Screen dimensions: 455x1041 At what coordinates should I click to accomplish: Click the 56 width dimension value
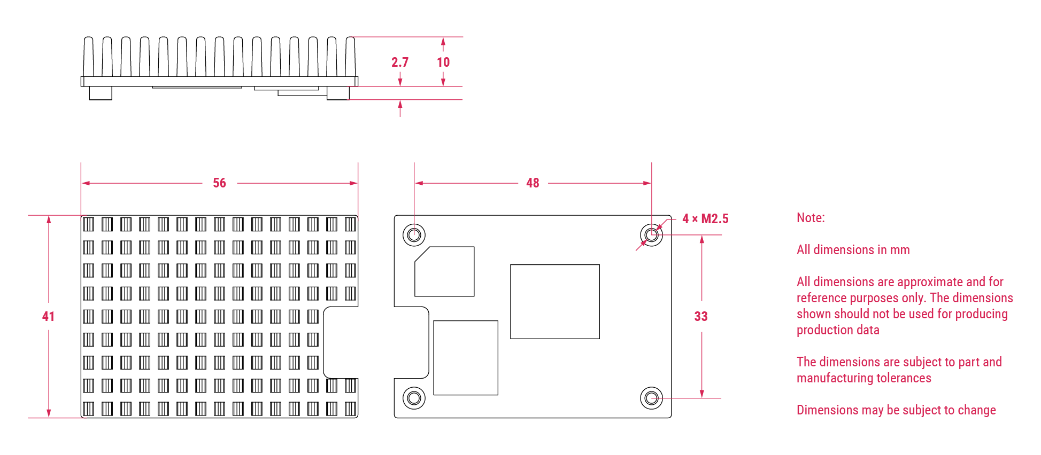[219, 183]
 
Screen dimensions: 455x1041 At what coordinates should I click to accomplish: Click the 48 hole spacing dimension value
[533, 183]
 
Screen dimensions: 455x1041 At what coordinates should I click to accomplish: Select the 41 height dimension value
[48, 317]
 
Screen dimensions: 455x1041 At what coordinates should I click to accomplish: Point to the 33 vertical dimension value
[701, 317]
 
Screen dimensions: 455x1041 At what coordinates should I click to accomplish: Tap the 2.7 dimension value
[399, 62]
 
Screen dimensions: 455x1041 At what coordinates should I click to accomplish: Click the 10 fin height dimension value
[443, 62]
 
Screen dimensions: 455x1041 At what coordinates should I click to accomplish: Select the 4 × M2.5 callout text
[705, 219]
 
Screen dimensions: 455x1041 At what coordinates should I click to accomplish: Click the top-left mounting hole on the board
[414, 235]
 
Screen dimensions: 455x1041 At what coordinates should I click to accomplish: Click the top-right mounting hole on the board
[651, 235]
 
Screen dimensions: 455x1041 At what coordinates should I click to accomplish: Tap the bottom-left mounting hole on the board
[414, 398]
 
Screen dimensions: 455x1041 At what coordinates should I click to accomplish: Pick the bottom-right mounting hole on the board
[651, 398]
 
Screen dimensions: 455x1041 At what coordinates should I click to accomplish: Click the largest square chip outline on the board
[554, 302]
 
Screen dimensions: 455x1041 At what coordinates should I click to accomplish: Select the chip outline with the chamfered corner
[444, 271]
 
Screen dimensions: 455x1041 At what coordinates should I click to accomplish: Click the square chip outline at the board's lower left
[466, 358]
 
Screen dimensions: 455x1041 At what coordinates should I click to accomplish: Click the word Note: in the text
[811, 218]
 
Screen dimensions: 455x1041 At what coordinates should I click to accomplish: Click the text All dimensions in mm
[853, 250]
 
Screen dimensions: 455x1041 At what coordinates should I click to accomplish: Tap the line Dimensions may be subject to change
[896, 410]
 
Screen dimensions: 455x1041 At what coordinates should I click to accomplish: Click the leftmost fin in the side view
[88, 56]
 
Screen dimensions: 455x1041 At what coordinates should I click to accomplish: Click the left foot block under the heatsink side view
[101, 93]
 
